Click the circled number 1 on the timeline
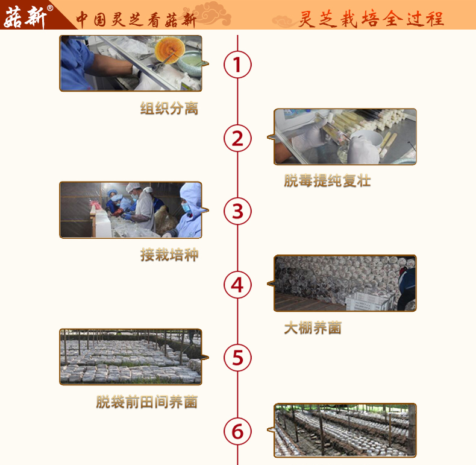pos(237,65)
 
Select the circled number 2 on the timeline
pos(237,138)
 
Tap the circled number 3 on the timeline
pos(237,211)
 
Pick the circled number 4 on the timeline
pos(237,285)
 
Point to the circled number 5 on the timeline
pos(237,358)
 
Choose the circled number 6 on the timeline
pos(237,431)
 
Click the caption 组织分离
pos(169,108)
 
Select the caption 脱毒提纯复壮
pos(327,180)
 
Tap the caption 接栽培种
pos(169,255)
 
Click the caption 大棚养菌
pos(313,328)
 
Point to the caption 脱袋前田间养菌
pos(147,402)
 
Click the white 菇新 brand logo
pos(25,17)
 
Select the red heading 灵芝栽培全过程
pos(371,19)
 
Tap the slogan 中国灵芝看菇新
pos(136,19)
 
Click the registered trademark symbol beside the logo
pos(51,8)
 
